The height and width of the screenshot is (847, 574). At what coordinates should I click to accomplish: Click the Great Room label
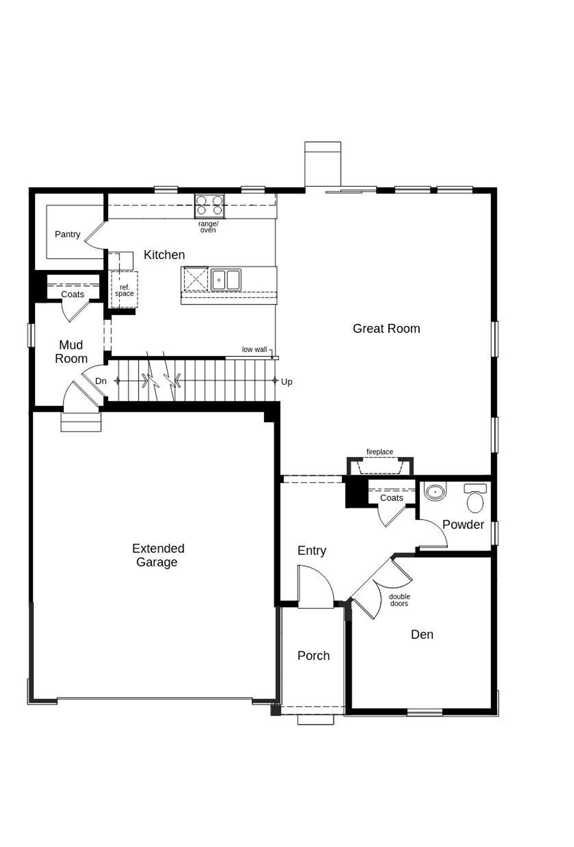pos(386,328)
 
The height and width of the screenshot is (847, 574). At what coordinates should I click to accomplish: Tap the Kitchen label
pos(164,255)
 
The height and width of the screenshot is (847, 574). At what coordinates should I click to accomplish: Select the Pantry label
pos(67,234)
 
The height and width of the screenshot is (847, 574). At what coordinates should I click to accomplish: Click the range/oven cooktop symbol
pos(209,206)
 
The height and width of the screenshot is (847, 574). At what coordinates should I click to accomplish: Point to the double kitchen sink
pos(226,280)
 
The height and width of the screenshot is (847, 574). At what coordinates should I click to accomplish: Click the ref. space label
pos(124,290)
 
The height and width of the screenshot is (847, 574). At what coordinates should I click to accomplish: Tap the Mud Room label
pos(71,352)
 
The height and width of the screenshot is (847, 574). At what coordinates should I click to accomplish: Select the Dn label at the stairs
pos(101,381)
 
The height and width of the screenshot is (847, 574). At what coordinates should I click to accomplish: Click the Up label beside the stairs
pos(287,382)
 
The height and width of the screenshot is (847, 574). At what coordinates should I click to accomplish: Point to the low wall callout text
pos(254,350)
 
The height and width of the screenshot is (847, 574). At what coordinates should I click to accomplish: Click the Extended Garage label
pos(158,555)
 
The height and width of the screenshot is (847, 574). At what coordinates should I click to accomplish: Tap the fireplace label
pos(380,452)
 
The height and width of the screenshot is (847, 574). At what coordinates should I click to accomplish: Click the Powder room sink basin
pos(435,492)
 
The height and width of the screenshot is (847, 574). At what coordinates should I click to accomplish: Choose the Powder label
pos(463,524)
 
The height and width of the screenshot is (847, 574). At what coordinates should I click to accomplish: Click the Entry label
pos(312,550)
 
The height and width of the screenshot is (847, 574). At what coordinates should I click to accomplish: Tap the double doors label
pos(399,600)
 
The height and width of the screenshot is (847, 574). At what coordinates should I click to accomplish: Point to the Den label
pos(422,634)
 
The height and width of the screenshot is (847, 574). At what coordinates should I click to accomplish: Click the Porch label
pos(313,656)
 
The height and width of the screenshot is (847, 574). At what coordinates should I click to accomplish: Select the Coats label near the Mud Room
pos(73,294)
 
